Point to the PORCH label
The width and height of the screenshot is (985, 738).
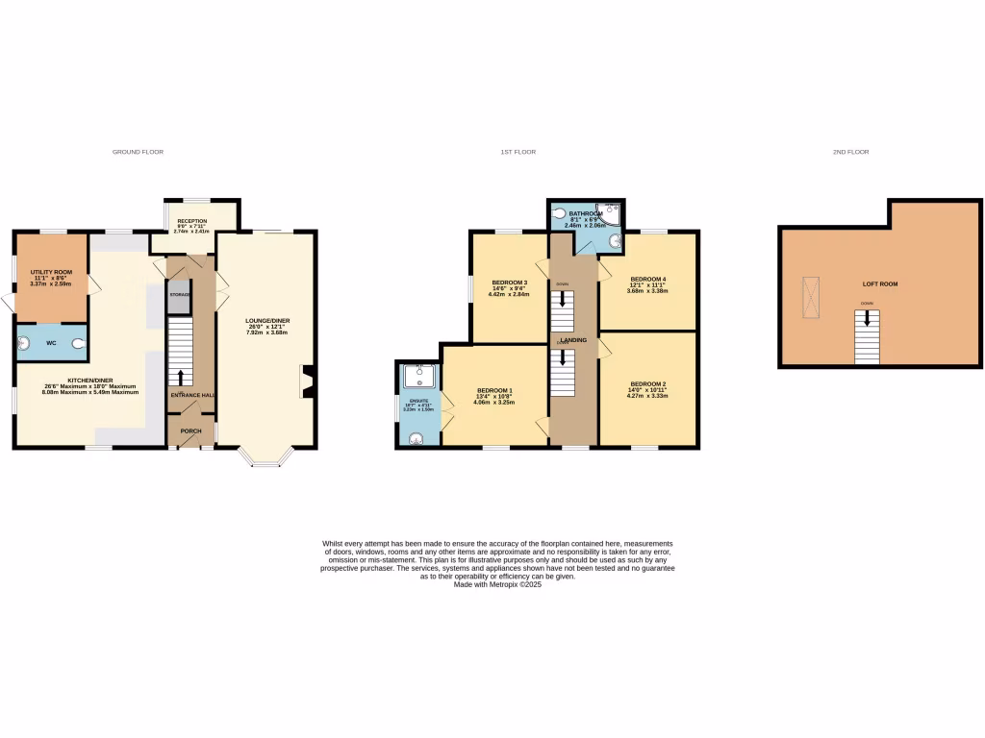pos(190,431)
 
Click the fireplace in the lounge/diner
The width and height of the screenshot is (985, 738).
pos(307,381)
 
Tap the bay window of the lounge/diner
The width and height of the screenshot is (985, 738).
pos(265,459)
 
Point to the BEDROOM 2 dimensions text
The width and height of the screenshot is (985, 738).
pos(646,392)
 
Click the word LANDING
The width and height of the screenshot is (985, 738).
pos(574,340)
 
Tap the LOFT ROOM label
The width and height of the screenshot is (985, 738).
pos(881,284)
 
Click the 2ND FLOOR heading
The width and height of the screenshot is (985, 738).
pos(850,152)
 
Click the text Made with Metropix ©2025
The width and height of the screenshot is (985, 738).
pos(497,584)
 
